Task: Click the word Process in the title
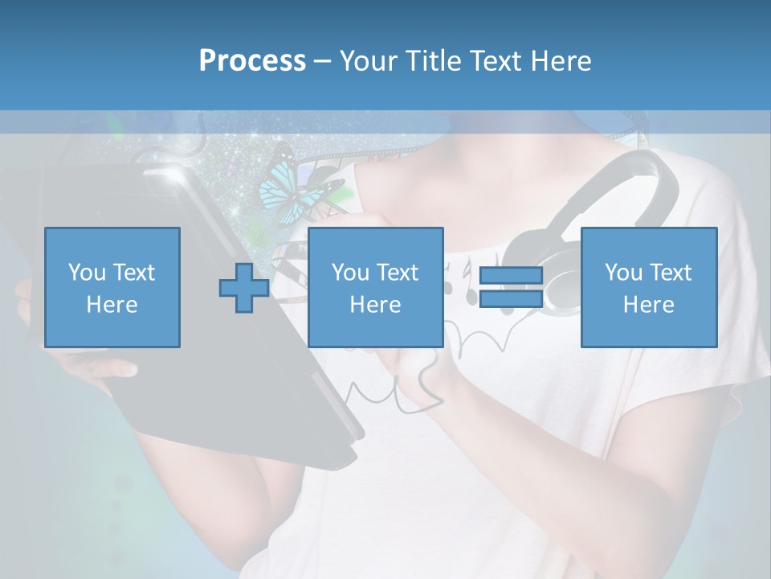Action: pos(252,61)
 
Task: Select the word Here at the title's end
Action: pos(561,61)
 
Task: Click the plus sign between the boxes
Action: pos(244,287)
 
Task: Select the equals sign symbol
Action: pos(511,287)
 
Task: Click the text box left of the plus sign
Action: pos(112,287)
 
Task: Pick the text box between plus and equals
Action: pos(375,287)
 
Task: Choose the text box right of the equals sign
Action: pos(648,287)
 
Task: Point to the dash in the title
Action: pos(323,61)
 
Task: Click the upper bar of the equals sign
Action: pos(511,276)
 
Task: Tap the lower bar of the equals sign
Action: pos(511,299)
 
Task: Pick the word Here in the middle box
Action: pos(375,305)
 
